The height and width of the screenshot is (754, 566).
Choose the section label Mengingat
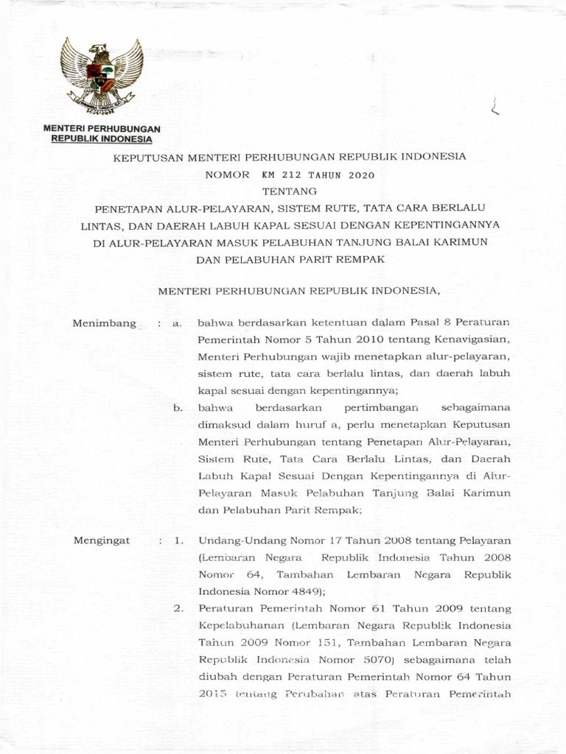[x=102, y=540]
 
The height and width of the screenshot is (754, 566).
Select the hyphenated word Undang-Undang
[x=240, y=540]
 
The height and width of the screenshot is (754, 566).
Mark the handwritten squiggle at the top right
[x=494, y=108]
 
